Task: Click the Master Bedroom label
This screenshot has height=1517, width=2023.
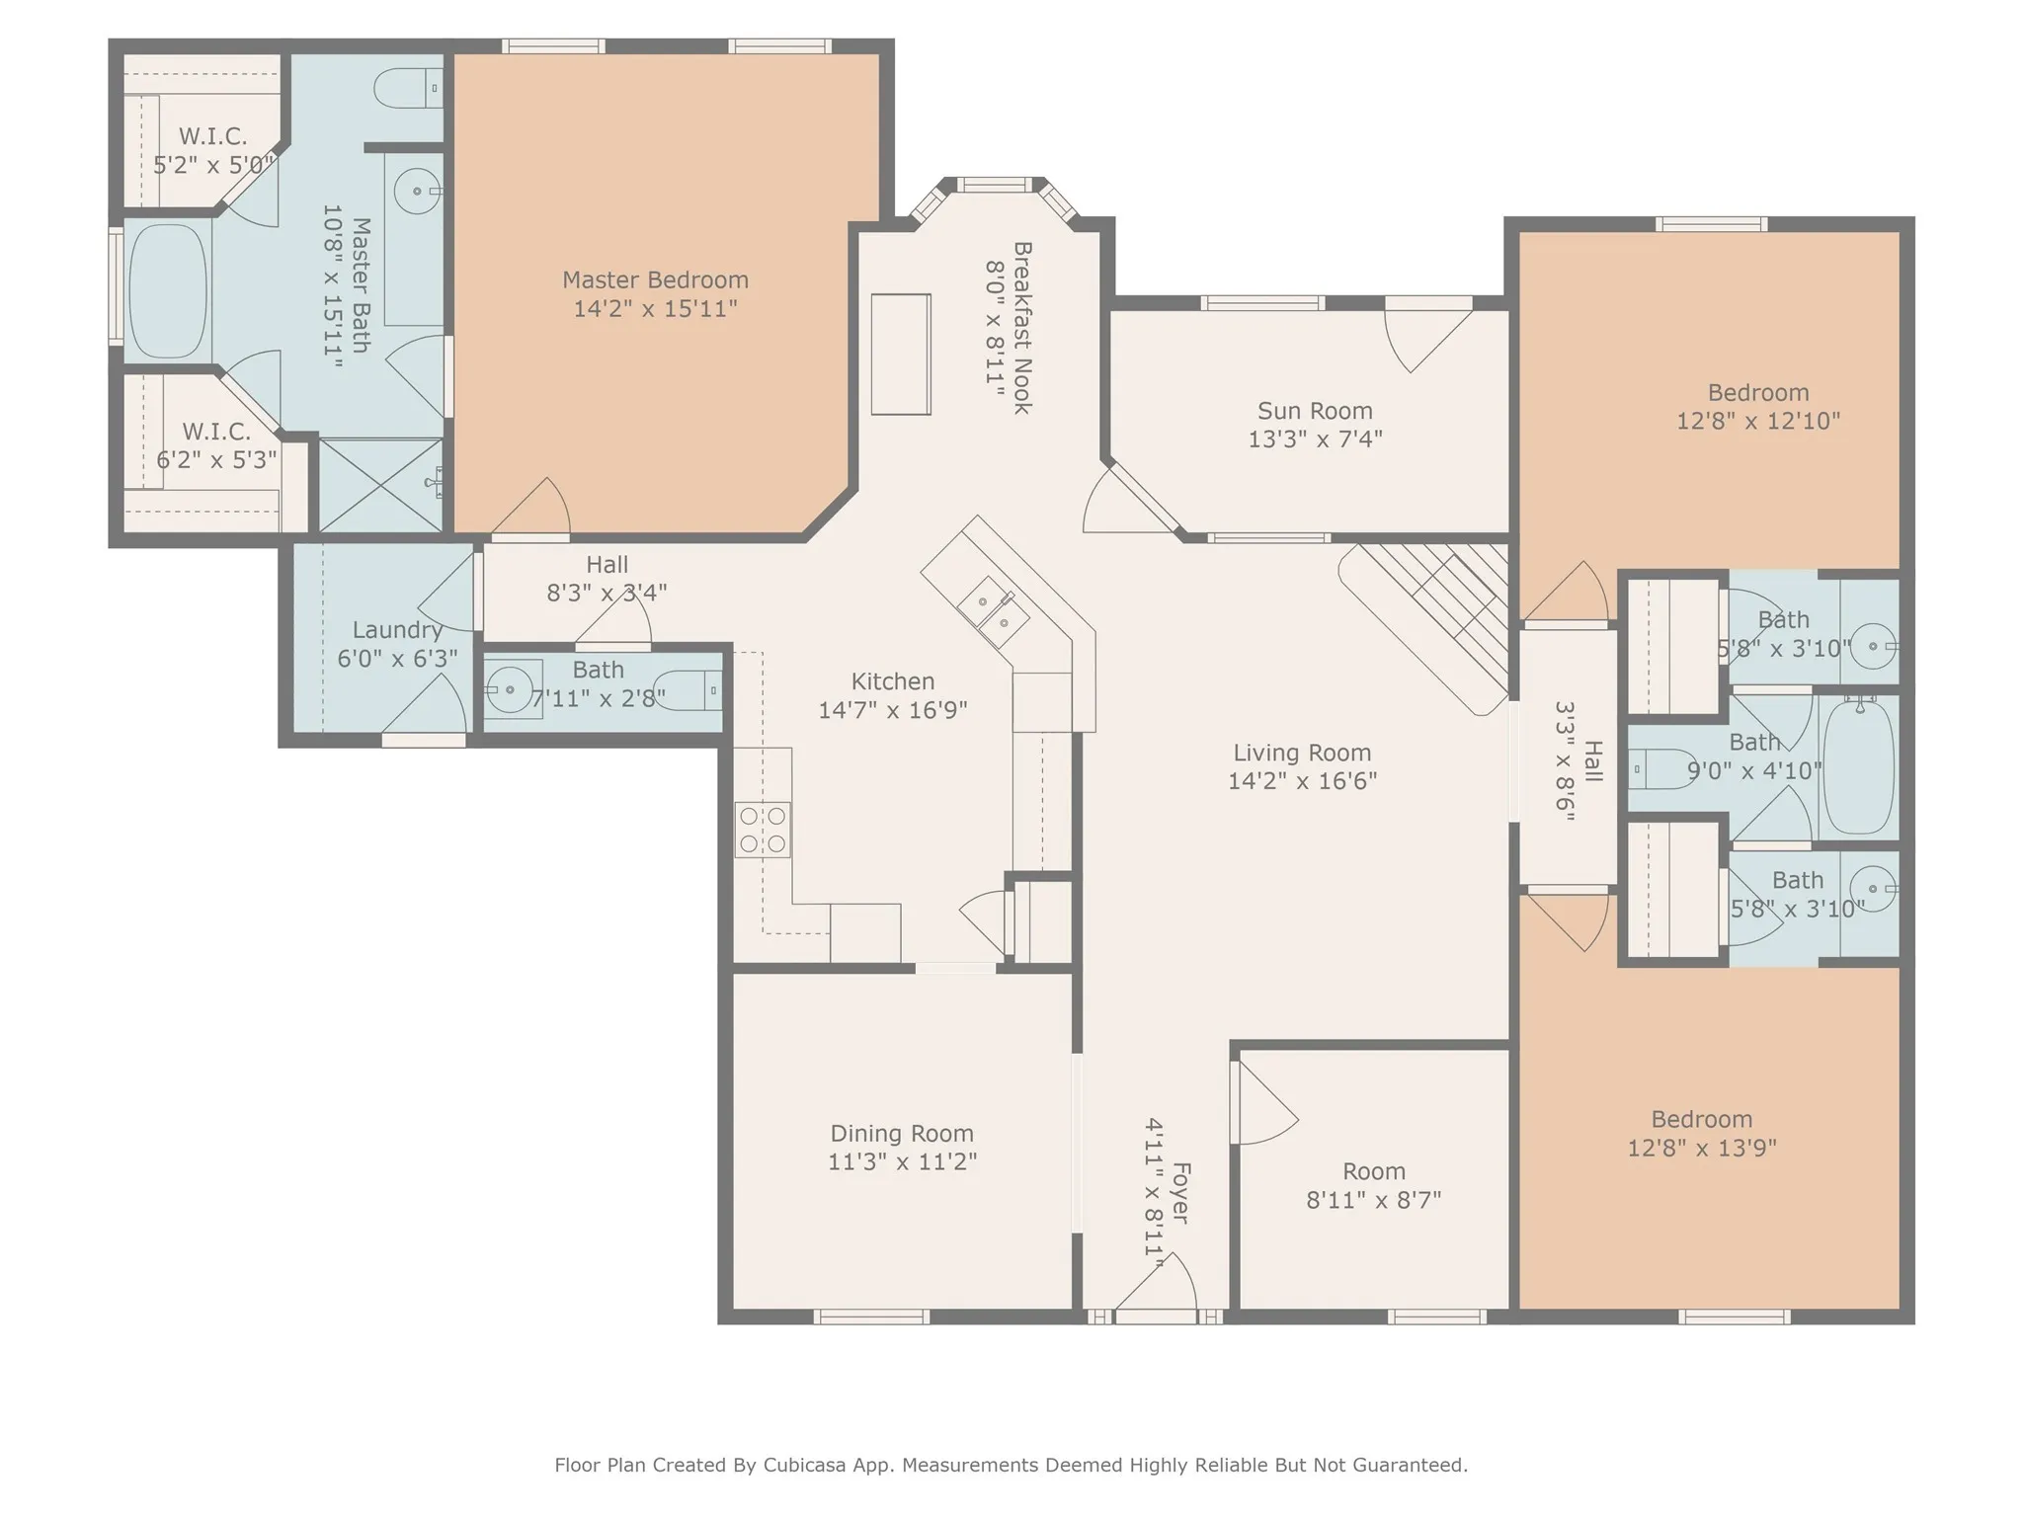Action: (x=655, y=280)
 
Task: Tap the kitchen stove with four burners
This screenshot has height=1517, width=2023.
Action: (x=763, y=830)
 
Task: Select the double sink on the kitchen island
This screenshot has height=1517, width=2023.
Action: (x=993, y=609)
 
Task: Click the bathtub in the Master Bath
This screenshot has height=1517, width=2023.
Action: (x=168, y=290)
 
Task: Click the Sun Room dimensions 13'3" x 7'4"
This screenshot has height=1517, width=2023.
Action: (x=1315, y=439)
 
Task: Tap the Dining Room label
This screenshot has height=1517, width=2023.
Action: (x=901, y=1134)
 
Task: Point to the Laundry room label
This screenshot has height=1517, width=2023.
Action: (x=397, y=630)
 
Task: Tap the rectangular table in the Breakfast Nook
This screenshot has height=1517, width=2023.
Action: (x=900, y=355)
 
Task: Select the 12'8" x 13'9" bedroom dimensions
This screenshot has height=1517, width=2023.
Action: (x=1701, y=1148)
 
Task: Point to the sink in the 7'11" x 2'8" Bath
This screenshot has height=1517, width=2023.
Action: (x=511, y=688)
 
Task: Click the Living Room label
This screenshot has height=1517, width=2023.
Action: (x=1302, y=753)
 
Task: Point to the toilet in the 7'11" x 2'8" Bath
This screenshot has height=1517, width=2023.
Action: (x=688, y=688)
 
